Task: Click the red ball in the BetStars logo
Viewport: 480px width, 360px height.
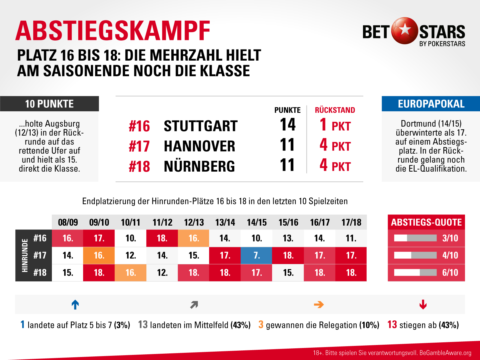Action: (x=405, y=31)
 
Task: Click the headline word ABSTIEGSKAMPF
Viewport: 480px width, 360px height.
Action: (x=113, y=31)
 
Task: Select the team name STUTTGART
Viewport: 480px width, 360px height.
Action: (x=200, y=126)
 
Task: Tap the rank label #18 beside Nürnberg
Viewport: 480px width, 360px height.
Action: (x=139, y=166)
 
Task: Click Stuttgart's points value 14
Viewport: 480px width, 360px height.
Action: (x=287, y=125)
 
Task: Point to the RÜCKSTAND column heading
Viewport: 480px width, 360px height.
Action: (x=335, y=110)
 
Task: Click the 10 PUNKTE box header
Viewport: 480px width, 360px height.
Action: (x=49, y=104)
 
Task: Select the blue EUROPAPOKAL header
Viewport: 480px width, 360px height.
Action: (x=431, y=104)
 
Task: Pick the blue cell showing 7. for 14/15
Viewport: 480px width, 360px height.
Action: (x=256, y=255)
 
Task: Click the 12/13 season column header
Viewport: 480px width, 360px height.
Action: (x=194, y=222)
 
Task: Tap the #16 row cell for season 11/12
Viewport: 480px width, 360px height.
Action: (x=162, y=238)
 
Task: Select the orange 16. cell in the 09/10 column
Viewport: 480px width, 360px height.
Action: (x=99, y=255)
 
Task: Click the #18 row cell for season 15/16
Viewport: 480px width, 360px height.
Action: (x=288, y=272)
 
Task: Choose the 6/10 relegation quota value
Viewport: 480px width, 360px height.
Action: (x=450, y=272)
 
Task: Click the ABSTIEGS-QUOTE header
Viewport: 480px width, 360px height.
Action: (x=426, y=222)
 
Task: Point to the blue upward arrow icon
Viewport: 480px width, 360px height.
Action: (x=75, y=304)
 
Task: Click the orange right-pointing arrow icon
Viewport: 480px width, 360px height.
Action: (x=319, y=304)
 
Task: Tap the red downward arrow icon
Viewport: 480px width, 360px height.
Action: (x=423, y=304)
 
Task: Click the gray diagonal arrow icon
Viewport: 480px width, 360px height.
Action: (x=194, y=305)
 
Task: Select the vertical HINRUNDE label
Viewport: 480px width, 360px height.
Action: (x=25, y=255)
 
